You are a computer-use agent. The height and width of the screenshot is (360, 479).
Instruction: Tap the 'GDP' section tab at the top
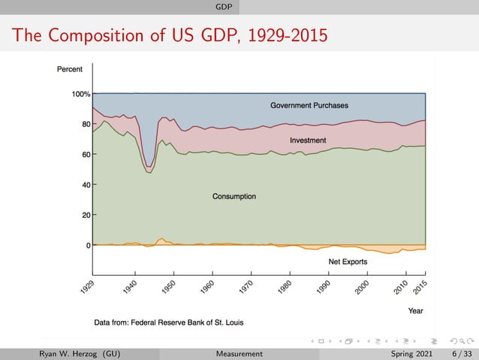[223, 7]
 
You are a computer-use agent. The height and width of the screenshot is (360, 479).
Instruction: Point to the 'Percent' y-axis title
[70, 69]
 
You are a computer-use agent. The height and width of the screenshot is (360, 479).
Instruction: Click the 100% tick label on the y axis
[80, 94]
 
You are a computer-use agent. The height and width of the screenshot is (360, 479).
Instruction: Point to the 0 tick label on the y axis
[88, 245]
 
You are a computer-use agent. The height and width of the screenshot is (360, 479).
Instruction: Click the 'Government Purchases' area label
[309, 105]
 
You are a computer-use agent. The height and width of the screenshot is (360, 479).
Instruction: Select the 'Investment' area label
[308, 141]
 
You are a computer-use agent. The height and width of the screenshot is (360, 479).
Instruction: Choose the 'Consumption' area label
[234, 197]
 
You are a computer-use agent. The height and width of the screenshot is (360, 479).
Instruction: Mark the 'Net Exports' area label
[348, 262]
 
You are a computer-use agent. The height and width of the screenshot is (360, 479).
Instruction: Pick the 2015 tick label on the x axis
[419, 287]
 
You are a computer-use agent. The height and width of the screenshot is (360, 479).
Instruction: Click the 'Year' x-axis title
[415, 310]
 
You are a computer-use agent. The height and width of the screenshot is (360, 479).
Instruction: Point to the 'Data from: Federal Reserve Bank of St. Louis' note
[168, 322]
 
